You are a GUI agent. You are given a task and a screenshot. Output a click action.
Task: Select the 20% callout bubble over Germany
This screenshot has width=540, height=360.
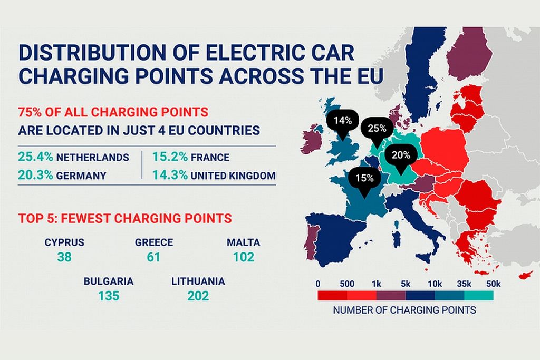click(x=401, y=155)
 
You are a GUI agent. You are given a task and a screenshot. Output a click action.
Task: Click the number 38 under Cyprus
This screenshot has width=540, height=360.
click(x=64, y=257)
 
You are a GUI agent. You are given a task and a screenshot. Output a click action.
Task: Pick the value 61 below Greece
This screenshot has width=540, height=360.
click(x=154, y=257)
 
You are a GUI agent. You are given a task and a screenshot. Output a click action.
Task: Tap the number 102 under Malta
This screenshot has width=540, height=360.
click(x=244, y=257)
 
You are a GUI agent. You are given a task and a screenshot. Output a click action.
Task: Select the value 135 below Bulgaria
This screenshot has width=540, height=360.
click(x=109, y=296)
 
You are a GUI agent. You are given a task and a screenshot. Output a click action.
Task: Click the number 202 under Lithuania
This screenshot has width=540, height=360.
click(x=198, y=296)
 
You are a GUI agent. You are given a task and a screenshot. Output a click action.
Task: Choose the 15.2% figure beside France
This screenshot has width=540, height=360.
click(x=169, y=157)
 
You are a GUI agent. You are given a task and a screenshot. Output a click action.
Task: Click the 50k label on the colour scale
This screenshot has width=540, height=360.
click(x=494, y=284)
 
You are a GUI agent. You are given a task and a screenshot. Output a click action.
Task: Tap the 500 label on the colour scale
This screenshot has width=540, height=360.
click(x=346, y=284)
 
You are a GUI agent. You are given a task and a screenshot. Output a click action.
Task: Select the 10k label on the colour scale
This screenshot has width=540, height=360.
click(x=435, y=284)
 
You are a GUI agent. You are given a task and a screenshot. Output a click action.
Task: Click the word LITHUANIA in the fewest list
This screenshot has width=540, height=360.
click(x=198, y=281)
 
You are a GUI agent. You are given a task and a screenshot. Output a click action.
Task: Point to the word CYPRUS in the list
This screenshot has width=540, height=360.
click(x=64, y=242)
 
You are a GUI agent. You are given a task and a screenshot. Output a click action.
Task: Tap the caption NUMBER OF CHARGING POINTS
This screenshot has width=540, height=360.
click(x=404, y=310)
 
